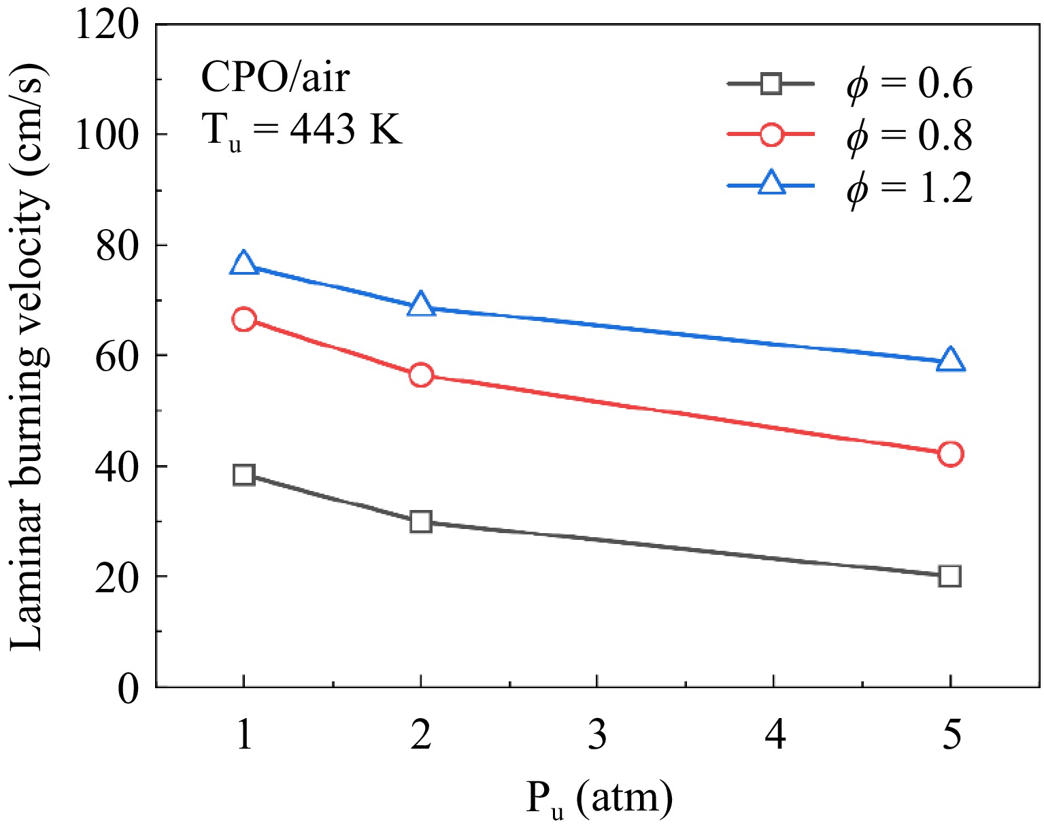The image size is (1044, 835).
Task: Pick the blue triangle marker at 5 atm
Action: (950, 361)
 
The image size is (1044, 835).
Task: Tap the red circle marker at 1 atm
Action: (243, 319)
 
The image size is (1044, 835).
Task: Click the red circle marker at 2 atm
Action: (421, 375)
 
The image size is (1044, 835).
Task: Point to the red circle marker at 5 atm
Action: (950, 454)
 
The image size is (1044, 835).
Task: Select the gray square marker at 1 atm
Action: (243, 475)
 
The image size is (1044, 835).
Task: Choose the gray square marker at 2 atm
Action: (421, 522)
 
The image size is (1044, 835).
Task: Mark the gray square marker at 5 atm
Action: (949, 576)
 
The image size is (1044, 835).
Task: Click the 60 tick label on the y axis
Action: (118, 356)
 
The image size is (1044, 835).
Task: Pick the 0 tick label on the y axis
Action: (129, 688)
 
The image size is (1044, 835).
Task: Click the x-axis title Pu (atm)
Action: (599, 800)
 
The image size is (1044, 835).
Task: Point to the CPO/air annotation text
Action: (275, 78)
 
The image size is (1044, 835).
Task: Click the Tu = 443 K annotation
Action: (302, 129)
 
